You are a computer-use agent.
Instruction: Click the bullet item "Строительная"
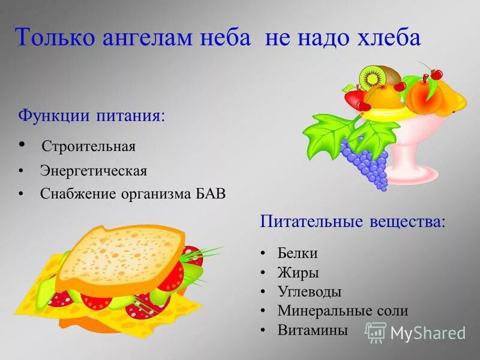point(88,146)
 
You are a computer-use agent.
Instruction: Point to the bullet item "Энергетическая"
point(93,171)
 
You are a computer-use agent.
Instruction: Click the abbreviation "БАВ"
point(211,194)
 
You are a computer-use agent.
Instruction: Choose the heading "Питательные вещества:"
point(353,221)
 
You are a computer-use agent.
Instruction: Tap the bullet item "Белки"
point(297,253)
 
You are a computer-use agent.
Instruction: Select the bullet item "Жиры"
point(298,272)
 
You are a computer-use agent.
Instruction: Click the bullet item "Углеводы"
point(309,292)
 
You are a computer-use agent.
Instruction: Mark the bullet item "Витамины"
point(312,330)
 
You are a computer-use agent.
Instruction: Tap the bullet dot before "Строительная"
point(22,145)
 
